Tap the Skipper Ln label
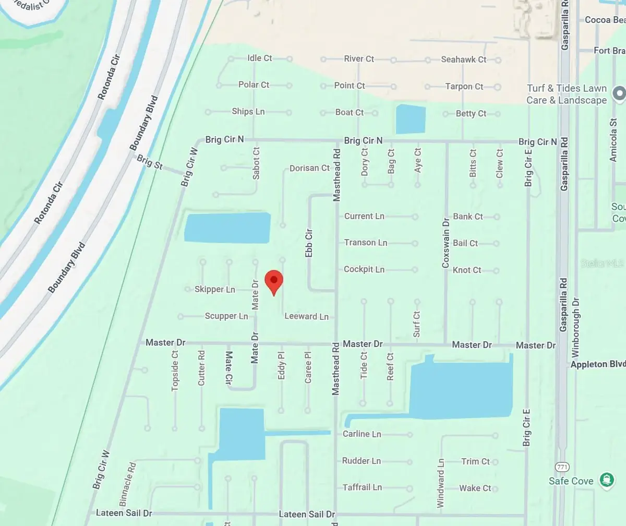pos(215,289)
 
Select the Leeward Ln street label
pos(306,316)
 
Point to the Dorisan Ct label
pos(310,168)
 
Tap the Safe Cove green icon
pos(606,480)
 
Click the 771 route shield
pos(562,467)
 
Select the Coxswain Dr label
pos(446,243)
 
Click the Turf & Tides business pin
pos(619,93)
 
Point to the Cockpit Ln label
pos(364,269)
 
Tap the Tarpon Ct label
pos(464,86)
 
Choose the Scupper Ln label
pos(226,316)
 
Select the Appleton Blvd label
pos(598,364)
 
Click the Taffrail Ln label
pos(362,487)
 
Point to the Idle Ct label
pos(260,58)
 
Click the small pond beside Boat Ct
pos(411,119)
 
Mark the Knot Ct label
pos(467,270)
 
